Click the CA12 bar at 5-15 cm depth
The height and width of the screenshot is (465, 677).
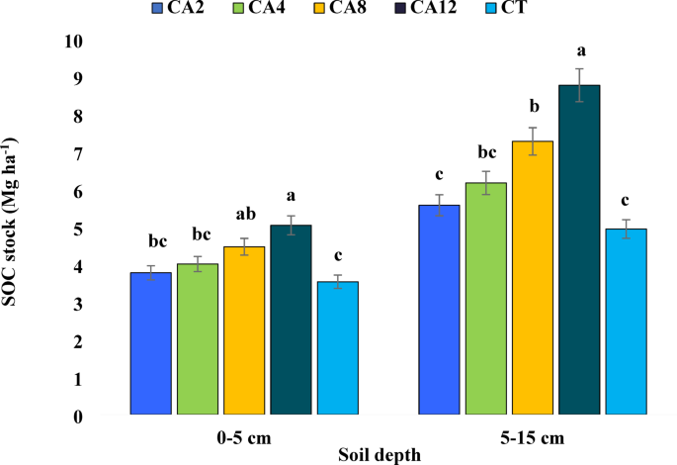coord(579,249)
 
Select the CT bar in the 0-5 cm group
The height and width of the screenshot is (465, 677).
coord(337,347)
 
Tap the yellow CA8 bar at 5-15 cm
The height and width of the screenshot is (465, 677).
coord(533,277)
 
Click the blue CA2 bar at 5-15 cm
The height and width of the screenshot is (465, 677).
coord(440,309)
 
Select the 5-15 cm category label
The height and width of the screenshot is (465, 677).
coord(534,436)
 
